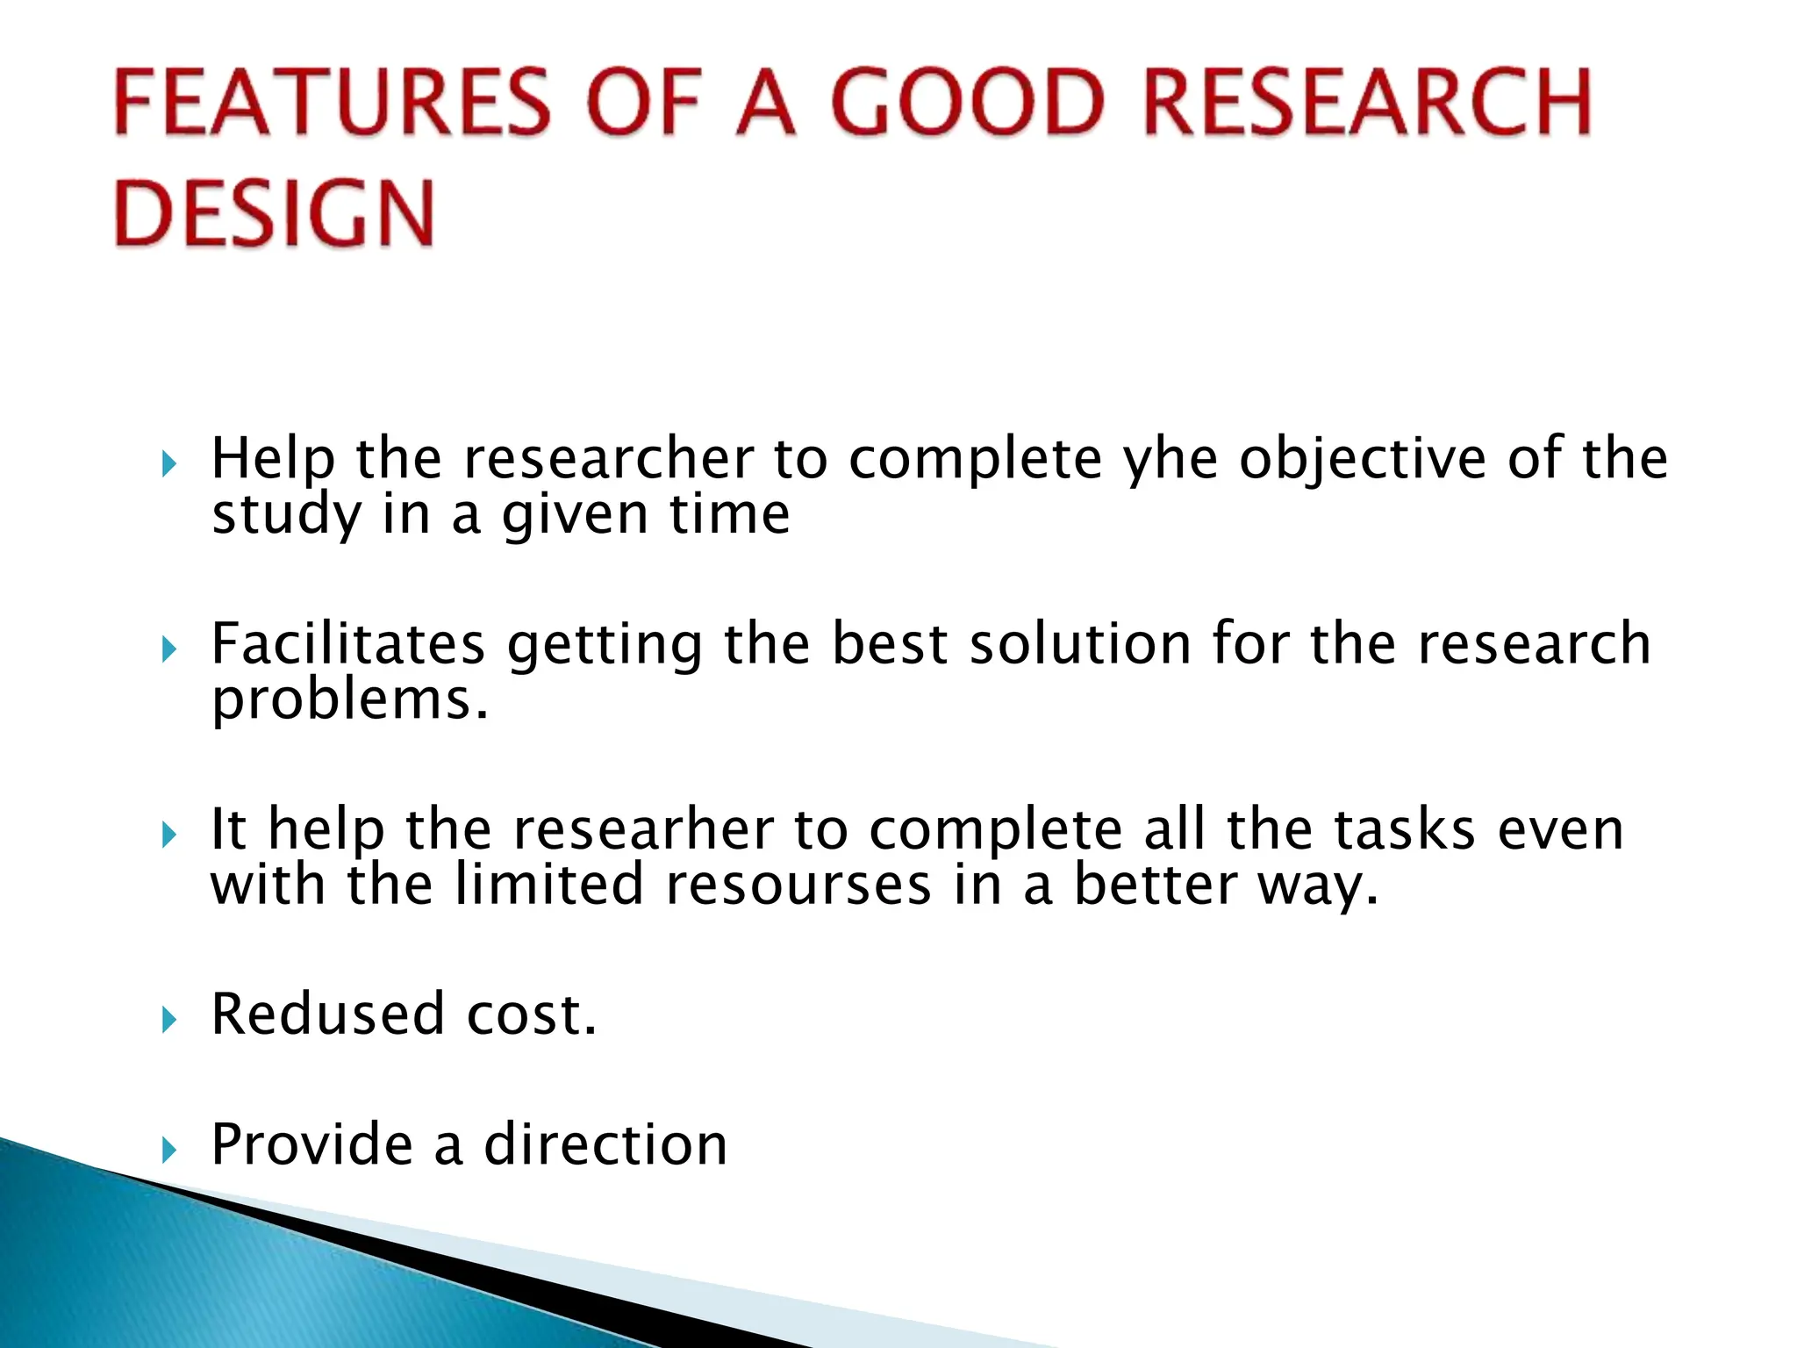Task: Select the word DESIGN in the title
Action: click(x=274, y=213)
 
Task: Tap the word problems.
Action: click(x=349, y=700)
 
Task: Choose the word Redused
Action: click(x=327, y=1015)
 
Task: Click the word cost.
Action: click(x=531, y=1015)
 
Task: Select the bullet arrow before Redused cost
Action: click(x=169, y=1019)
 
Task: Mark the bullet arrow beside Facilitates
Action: click(x=169, y=649)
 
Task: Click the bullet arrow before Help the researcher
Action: click(x=169, y=464)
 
